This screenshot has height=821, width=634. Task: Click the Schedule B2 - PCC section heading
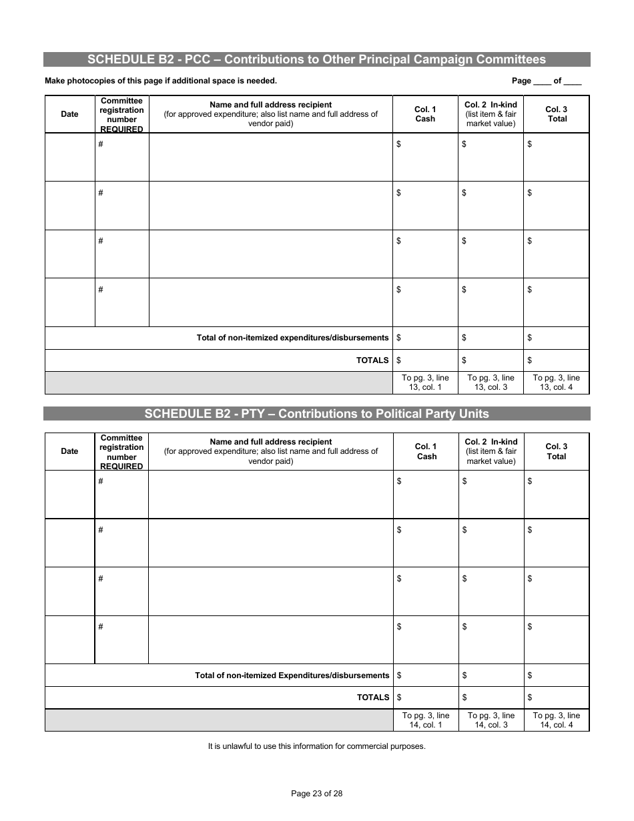click(x=316, y=59)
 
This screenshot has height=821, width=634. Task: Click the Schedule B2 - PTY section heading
click(x=316, y=414)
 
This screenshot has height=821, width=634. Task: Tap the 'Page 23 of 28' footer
click(x=317, y=794)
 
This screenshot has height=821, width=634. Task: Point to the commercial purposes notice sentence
click(x=316, y=746)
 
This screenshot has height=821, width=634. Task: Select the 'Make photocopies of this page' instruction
click(x=160, y=81)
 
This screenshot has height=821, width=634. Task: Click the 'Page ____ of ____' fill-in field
click(x=547, y=81)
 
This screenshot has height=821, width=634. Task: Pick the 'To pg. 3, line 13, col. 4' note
click(x=556, y=382)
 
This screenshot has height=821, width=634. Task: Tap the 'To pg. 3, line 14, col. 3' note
click(x=491, y=720)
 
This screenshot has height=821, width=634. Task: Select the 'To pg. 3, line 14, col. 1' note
click(x=426, y=720)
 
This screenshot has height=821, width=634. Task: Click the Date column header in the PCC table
click(x=69, y=114)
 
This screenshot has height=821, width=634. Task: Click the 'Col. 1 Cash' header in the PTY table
click(x=426, y=451)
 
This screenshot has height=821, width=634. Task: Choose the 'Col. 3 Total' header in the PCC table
click(x=556, y=114)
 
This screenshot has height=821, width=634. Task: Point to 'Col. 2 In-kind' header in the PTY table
click(x=491, y=451)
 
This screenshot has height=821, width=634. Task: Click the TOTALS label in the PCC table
click(x=372, y=360)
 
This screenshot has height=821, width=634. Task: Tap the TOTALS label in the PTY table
click(x=372, y=698)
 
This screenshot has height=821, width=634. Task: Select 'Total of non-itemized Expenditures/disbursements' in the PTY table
click(x=292, y=675)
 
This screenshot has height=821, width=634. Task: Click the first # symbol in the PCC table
click(x=101, y=144)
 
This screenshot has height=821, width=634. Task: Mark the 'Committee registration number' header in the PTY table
click(x=121, y=452)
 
